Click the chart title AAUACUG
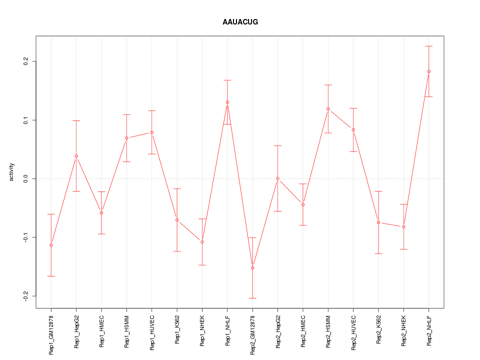pyautogui.click(x=240, y=22)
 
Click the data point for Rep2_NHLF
pyautogui.click(x=428, y=71)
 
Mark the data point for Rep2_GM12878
pyautogui.click(x=252, y=268)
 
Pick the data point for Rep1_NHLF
pyautogui.click(x=227, y=102)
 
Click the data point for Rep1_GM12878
pyautogui.click(x=51, y=245)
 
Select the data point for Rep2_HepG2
pyautogui.click(x=277, y=178)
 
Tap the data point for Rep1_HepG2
pyautogui.click(x=76, y=156)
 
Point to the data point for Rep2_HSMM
pyautogui.click(x=328, y=109)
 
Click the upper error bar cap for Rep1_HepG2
pyautogui.click(x=76, y=120)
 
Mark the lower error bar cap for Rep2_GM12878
pyautogui.click(x=252, y=298)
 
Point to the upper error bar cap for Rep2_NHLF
pyautogui.click(x=428, y=46)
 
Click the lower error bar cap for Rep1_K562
pyautogui.click(x=177, y=251)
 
